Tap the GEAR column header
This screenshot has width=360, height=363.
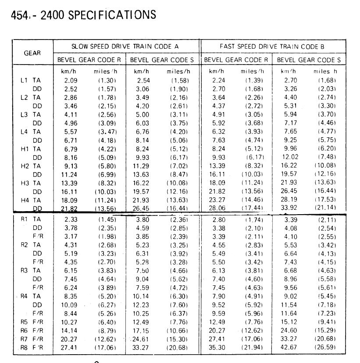(x=32, y=53)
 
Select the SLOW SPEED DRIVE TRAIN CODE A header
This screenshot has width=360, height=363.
(x=125, y=46)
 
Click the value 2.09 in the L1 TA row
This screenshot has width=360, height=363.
(x=71, y=80)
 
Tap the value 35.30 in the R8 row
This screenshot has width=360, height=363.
(x=218, y=348)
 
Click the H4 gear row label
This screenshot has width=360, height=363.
(x=25, y=199)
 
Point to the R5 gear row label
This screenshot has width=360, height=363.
(x=25, y=322)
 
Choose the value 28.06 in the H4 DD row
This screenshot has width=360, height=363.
(x=218, y=208)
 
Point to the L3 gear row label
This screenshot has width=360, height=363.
(x=25, y=115)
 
